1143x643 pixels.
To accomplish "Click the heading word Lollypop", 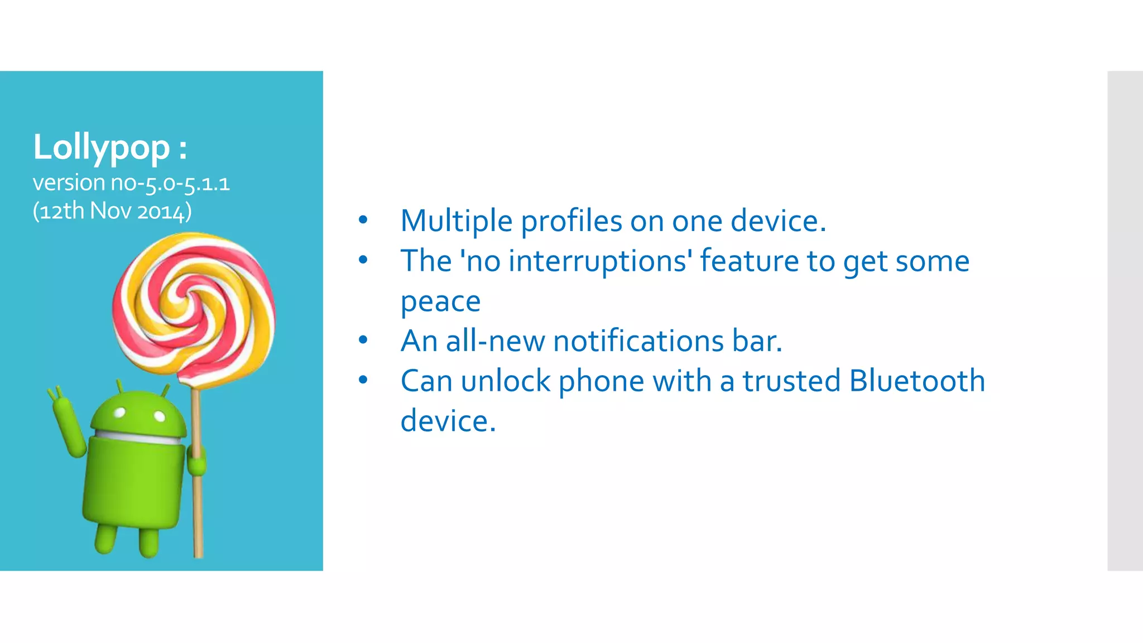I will click(101, 147).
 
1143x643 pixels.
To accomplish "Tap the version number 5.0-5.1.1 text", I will click(187, 184).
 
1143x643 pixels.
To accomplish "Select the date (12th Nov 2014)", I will click(112, 212).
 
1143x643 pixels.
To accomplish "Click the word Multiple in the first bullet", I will click(456, 221).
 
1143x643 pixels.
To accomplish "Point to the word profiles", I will click(571, 221).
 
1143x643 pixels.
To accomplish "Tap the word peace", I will click(440, 301).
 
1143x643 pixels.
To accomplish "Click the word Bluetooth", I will click(916, 381).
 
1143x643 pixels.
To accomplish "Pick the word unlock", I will click(506, 381).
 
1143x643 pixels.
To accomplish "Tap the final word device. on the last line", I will click(448, 421).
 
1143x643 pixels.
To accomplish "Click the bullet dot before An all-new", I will click(363, 340).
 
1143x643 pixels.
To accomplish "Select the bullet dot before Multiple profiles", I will click(363, 220).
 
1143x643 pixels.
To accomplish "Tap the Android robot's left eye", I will click(119, 414).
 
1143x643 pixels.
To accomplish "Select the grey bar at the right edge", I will click(1125, 320).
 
